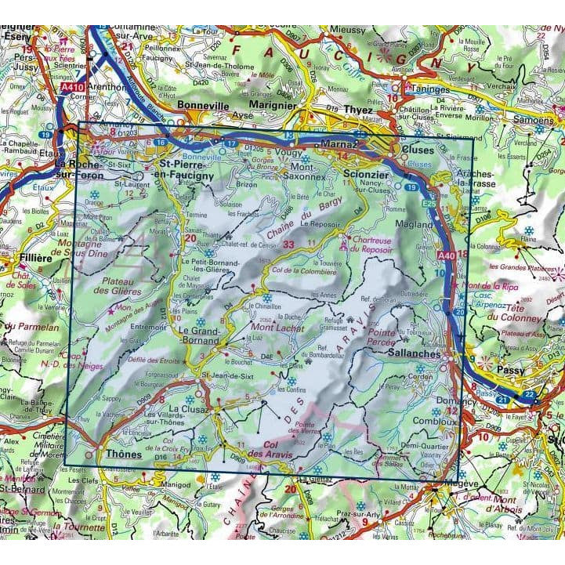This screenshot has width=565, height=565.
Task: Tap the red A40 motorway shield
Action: [446, 255]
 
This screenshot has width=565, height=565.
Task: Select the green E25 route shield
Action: [429, 204]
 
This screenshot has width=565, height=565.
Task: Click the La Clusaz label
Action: [182, 409]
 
